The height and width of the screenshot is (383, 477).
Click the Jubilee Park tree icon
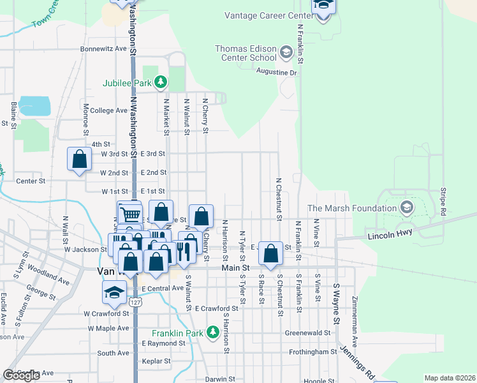click(161, 82)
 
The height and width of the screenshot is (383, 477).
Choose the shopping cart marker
click(130, 214)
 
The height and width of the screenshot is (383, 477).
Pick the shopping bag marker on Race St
click(271, 253)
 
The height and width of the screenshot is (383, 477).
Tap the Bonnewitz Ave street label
click(104, 49)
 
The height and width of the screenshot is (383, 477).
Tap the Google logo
click(22, 375)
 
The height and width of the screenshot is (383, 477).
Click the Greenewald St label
click(307, 333)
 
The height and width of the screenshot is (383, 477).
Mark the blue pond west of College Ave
click(35, 106)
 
